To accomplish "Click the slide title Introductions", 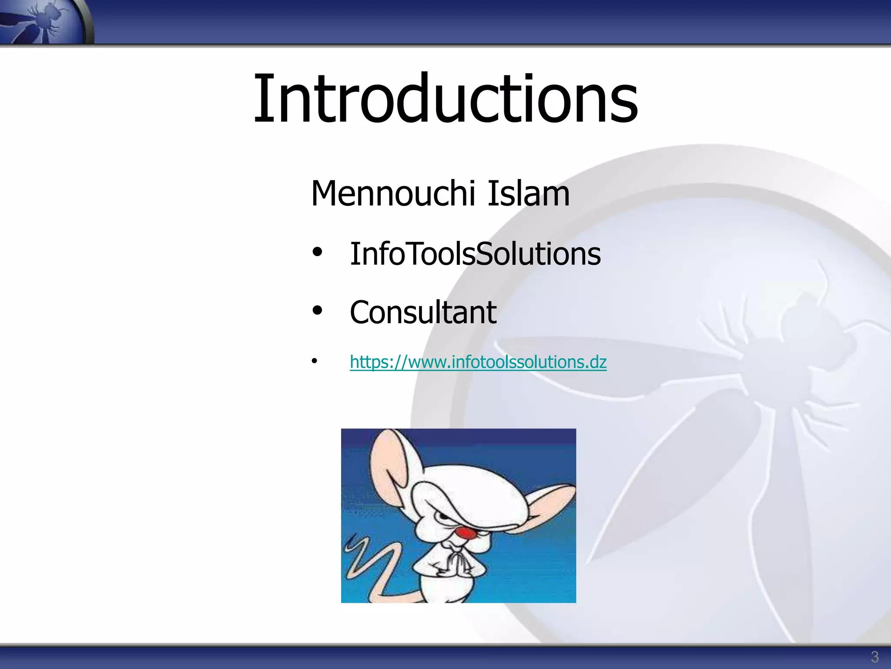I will coord(445,99).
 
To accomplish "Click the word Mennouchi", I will coord(392,193).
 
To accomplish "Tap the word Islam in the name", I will coord(528,193).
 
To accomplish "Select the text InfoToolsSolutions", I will coord(475,254).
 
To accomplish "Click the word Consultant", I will coord(423,313).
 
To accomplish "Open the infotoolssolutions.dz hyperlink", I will coord(478,362).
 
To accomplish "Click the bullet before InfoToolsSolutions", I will coord(317,252).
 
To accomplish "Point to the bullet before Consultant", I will coord(317,311).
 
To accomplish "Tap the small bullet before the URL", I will coord(314,361).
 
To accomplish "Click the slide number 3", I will coord(874,656).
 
